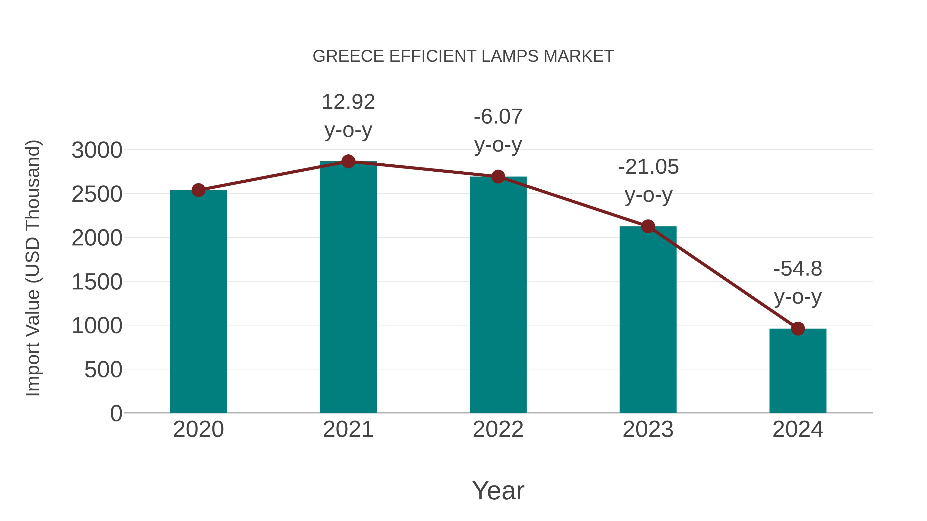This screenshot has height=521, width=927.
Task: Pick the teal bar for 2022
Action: (x=498, y=295)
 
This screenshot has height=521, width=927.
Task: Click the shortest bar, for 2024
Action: (x=797, y=370)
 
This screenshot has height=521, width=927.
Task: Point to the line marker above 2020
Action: (x=198, y=190)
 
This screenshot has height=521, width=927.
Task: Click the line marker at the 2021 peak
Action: (x=348, y=161)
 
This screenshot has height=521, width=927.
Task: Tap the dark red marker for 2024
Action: (x=797, y=328)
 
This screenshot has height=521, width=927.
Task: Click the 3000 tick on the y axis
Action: (x=97, y=150)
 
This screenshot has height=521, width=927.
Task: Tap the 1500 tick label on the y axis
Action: (x=97, y=282)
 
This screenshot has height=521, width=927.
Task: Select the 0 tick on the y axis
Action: (x=116, y=413)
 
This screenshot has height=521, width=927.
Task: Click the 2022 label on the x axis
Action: (x=498, y=429)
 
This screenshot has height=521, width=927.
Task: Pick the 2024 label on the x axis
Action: (x=797, y=429)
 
